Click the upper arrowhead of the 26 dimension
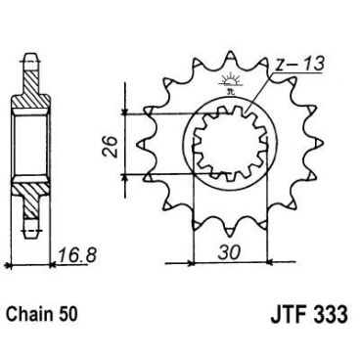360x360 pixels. pos(125,116)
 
